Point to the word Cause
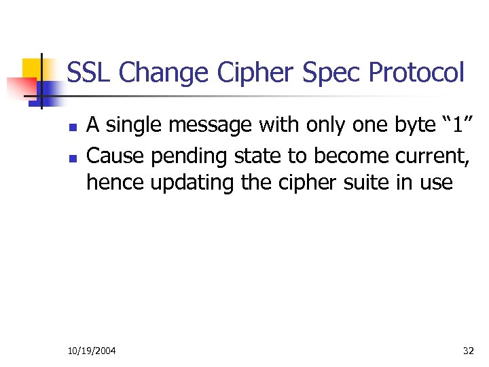pos(116,156)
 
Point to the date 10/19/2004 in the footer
pos(92,351)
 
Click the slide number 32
pos(468,351)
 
